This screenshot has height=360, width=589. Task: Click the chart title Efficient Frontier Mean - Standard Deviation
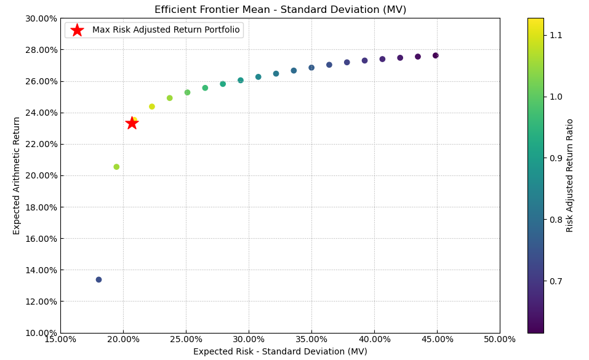tap(280, 10)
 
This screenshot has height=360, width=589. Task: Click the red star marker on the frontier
tap(132, 123)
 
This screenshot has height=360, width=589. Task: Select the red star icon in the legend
tap(77, 30)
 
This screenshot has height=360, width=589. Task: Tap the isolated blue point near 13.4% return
tap(98, 279)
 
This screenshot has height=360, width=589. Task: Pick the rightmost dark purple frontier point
tap(435, 55)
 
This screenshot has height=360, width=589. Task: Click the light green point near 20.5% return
tap(116, 167)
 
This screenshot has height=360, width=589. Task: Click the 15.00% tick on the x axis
tap(60, 340)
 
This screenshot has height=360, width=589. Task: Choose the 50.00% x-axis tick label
tap(500, 340)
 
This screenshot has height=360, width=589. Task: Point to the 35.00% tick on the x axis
tap(311, 340)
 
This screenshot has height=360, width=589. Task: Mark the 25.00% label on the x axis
tap(186, 340)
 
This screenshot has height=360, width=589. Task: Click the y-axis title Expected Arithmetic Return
tap(17, 175)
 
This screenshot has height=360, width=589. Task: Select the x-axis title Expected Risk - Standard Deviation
tap(280, 352)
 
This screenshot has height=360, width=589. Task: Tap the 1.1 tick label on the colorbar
tap(556, 36)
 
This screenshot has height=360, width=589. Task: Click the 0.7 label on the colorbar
tap(556, 281)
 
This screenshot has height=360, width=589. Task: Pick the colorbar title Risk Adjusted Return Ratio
tap(570, 175)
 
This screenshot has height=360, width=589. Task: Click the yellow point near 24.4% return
tap(152, 106)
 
